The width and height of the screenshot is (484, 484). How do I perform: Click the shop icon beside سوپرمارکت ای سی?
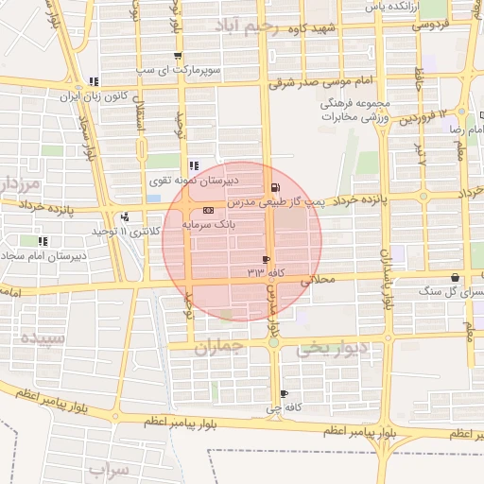tap(178, 56)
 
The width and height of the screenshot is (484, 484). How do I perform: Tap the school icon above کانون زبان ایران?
tap(93, 81)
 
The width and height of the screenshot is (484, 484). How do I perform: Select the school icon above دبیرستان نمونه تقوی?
tap(194, 165)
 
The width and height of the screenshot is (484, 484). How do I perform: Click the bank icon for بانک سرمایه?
tap(209, 210)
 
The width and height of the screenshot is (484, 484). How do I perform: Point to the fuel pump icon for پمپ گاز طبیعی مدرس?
tap(274, 187)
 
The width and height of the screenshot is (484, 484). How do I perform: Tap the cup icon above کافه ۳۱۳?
tap(266, 259)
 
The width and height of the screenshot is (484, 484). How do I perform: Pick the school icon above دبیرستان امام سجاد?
tap(43, 241)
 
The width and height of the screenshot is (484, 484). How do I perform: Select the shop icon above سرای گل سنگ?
tap(457, 277)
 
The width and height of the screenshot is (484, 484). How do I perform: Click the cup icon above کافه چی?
tap(284, 394)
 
